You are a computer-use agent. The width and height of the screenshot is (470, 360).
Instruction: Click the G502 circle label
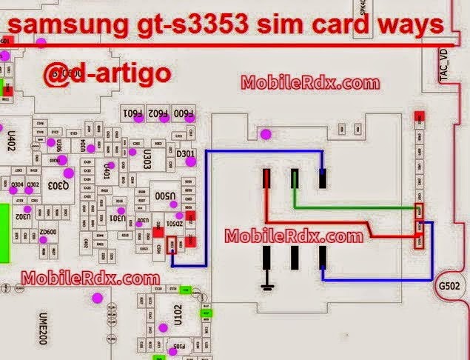[x=449, y=284]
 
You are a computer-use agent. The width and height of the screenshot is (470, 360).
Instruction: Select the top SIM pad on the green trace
[x=295, y=178]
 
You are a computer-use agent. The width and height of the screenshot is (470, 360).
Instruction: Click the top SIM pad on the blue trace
[x=323, y=178]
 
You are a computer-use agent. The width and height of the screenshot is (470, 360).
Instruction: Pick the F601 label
[x=132, y=113]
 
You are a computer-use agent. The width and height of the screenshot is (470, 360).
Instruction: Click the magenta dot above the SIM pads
[x=264, y=134]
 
